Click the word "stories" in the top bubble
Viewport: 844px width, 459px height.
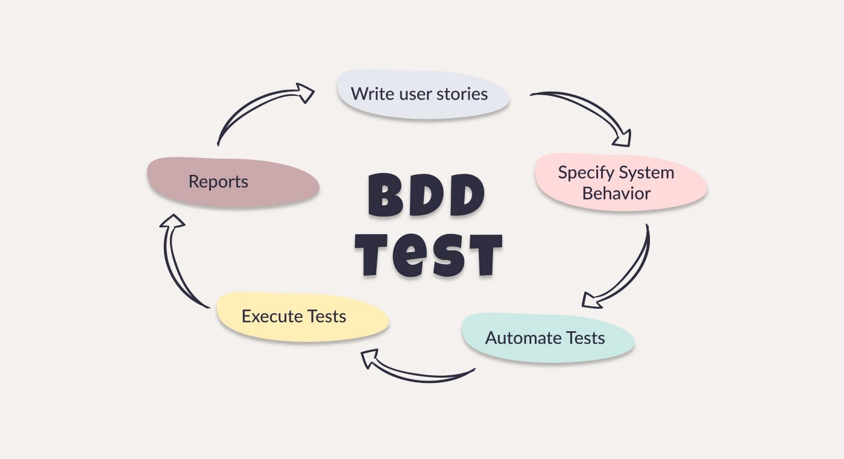462,94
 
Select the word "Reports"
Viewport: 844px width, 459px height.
218,182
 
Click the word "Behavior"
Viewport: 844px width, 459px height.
616,194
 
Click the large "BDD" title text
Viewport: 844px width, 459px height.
426,195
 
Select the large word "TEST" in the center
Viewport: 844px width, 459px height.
428,253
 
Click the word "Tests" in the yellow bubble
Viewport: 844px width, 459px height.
327,316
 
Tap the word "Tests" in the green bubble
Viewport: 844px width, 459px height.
585,338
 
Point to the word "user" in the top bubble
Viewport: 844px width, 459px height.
414,94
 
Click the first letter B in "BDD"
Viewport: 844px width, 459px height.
385,195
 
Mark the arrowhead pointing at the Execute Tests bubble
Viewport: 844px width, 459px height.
370,358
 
